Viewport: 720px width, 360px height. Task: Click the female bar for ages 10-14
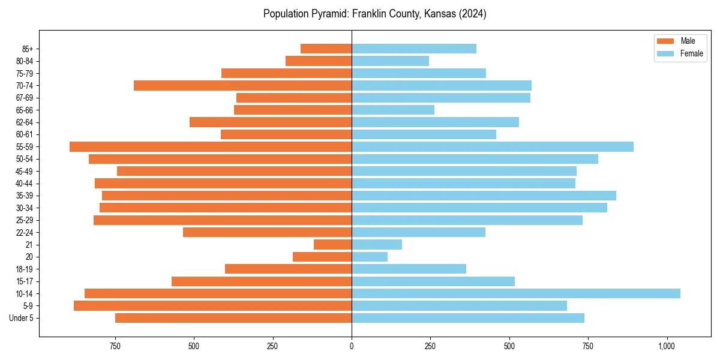[x=516, y=293]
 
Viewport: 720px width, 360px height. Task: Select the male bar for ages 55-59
[x=210, y=146]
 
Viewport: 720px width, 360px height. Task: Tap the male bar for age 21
[x=332, y=244]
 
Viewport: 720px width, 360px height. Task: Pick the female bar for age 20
[x=370, y=257]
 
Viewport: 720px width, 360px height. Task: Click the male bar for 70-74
[x=242, y=85]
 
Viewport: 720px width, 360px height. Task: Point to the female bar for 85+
[x=414, y=49]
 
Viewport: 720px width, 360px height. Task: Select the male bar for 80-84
[x=319, y=61]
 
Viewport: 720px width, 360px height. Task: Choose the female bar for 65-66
[x=393, y=110]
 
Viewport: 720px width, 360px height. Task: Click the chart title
[x=374, y=14]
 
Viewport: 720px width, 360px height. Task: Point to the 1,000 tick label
[x=667, y=346]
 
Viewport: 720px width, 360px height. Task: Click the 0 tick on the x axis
[x=352, y=346]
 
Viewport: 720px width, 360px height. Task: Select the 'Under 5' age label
[x=22, y=318]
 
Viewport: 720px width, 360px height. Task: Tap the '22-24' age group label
[x=25, y=232]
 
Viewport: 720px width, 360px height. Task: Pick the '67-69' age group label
[x=25, y=98]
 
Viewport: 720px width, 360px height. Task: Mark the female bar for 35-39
[x=484, y=196]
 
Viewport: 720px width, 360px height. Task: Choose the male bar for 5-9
[x=212, y=305]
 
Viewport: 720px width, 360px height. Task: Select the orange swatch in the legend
[x=665, y=41]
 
